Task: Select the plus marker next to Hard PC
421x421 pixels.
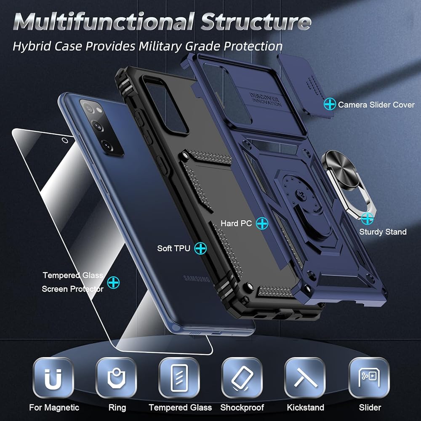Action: point(262,223)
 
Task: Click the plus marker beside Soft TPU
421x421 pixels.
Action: point(200,248)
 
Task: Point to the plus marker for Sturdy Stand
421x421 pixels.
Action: point(367,218)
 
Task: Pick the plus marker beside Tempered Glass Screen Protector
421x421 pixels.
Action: point(113,282)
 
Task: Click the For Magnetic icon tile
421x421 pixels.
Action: point(53,378)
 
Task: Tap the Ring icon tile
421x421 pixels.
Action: point(117,378)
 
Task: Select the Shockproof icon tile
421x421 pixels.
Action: point(242,378)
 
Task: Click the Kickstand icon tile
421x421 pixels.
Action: point(305,378)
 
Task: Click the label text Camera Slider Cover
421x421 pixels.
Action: point(376,104)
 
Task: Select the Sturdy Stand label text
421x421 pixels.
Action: point(383,232)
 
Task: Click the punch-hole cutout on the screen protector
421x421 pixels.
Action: point(64,140)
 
